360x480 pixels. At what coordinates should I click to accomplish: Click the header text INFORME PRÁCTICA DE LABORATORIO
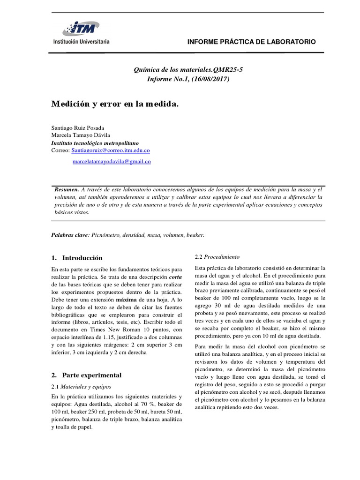coord(251,42)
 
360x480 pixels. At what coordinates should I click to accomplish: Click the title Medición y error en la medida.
coord(115,104)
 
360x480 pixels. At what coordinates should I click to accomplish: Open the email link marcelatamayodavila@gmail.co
coord(112,161)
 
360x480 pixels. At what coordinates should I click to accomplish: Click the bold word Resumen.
coord(67,189)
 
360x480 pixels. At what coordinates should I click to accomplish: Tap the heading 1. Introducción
coord(76,258)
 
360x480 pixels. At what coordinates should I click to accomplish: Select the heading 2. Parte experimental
coord(85,375)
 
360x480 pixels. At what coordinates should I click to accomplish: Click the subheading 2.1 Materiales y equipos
coord(81,387)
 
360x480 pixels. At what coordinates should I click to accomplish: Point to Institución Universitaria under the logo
coord(80,41)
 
